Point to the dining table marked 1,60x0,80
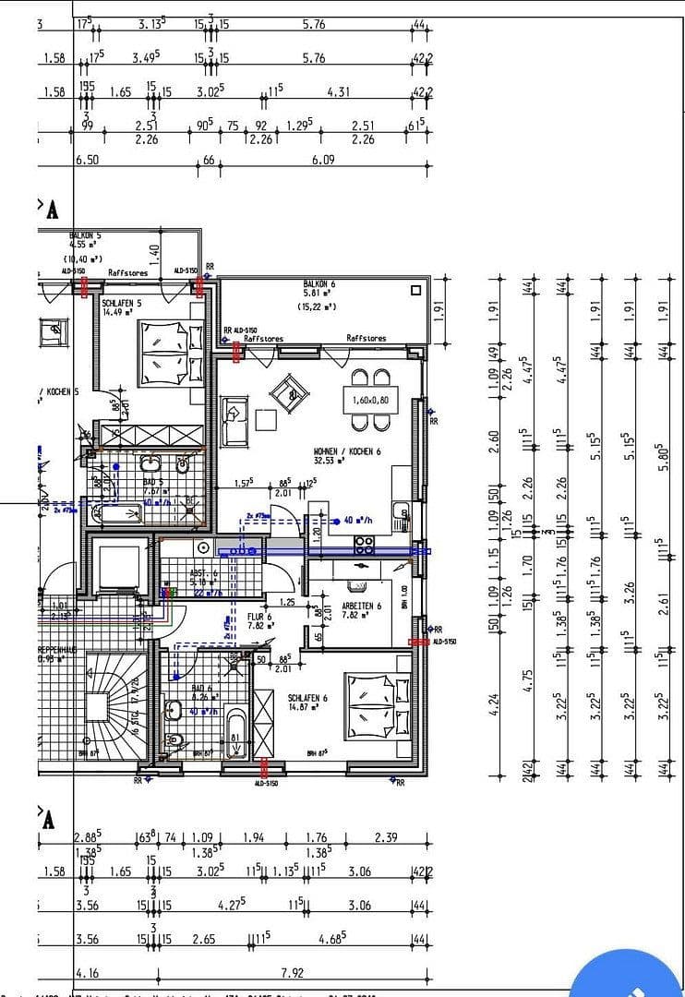coord(368,402)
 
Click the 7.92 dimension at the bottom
coord(292,972)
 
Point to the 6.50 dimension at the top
coord(87,160)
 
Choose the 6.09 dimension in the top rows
coord(322,160)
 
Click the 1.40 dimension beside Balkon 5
coord(154,250)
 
